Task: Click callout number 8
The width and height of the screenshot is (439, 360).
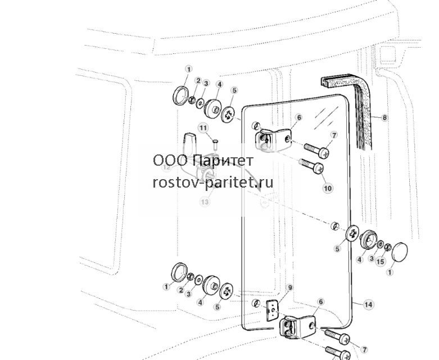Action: pyautogui.click(x=384, y=118)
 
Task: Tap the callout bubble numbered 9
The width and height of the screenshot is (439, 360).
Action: pyautogui.click(x=290, y=288)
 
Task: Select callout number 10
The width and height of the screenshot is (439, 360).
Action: pyautogui.click(x=328, y=188)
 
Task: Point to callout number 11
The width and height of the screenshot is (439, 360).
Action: pyautogui.click(x=203, y=128)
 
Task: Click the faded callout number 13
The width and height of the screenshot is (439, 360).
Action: pyautogui.click(x=205, y=202)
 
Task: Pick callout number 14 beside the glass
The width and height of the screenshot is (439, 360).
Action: pyautogui.click(x=368, y=304)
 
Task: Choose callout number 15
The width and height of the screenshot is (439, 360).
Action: pyautogui.click(x=380, y=262)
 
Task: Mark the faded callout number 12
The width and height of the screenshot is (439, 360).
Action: pyautogui.click(x=167, y=167)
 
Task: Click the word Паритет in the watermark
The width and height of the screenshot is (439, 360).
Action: pyautogui.click(x=223, y=161)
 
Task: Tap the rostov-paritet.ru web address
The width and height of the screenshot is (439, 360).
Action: pyautogui.click(x=213, y=183)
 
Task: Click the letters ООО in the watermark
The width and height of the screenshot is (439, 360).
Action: pyautogui.click(x=170, y=161)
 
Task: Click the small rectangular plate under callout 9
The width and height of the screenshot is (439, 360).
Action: pyautogui.click(x=271, y=311)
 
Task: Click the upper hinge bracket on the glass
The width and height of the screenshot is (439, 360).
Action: pyautogui.click(x=273, y=139)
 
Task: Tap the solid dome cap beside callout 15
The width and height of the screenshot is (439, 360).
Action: pyautogui.click(x=400, y=251)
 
